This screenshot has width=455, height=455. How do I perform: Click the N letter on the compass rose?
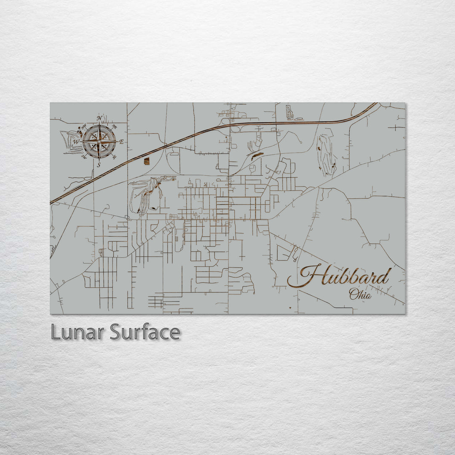99,118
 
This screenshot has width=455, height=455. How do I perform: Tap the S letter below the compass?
99,165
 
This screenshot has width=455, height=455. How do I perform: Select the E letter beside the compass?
122,142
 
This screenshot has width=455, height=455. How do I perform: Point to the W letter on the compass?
76,142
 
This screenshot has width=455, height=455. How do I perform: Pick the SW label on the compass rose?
84,157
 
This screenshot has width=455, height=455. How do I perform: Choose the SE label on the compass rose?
115,157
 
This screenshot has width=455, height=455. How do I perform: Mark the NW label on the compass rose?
83,126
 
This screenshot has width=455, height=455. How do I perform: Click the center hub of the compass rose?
99,142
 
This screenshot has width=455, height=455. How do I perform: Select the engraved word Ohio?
360,294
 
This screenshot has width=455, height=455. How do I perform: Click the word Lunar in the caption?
78,332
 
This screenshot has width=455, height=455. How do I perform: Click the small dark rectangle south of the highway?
147,161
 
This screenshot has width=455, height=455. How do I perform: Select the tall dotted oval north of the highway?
289,112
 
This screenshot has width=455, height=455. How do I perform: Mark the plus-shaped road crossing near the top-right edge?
397,126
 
